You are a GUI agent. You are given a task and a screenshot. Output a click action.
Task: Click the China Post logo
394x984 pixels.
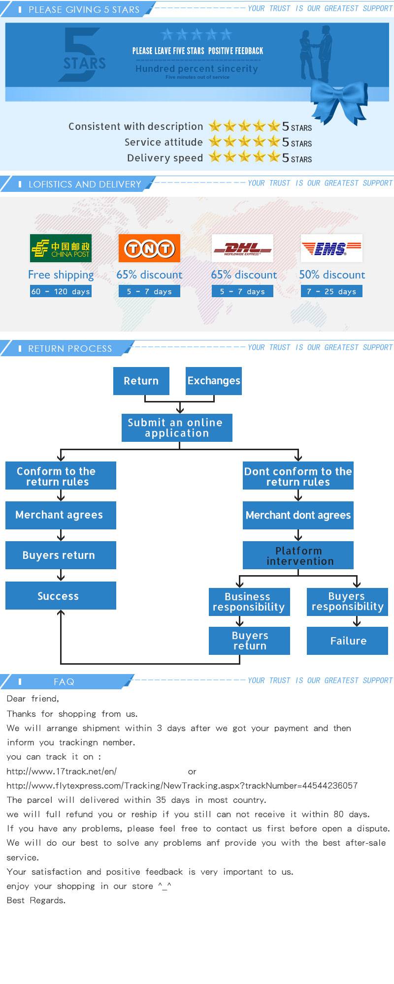pos(61,248)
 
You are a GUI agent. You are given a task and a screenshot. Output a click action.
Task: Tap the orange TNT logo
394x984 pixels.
pos(149,248)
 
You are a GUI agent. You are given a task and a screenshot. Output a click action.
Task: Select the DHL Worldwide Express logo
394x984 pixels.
pos(242,248)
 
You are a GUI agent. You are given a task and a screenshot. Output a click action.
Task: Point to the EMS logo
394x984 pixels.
pos(331,248)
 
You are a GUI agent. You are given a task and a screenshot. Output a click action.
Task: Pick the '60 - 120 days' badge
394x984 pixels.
pos(61,291)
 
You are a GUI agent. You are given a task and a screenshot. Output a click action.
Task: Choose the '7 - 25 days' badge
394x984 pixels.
pos(331,291)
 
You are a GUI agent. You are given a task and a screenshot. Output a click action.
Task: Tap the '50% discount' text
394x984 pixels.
pos(332,275)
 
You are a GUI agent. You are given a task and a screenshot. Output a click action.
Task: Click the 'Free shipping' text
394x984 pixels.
pos(61,275)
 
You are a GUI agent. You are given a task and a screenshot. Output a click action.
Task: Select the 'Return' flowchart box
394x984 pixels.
pos(141,381)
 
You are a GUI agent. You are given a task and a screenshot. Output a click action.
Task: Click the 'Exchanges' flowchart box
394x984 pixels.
pos(214,381)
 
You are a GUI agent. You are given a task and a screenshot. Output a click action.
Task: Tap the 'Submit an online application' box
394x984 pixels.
pos(177,428)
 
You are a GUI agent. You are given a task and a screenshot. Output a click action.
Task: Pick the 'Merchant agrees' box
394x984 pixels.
pos(61,515)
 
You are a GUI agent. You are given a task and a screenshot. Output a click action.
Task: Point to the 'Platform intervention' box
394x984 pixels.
pos(298,555)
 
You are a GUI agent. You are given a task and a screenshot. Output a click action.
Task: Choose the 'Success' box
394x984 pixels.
pos(61,596)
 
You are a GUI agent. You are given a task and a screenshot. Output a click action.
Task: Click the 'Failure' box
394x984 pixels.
pos(348,641)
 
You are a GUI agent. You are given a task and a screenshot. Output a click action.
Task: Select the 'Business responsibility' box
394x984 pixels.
pos(249,602)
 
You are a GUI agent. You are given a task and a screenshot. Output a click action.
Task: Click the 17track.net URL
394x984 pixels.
pos(62,771)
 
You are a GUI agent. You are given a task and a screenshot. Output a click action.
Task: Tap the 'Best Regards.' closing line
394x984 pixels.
pos(36,900)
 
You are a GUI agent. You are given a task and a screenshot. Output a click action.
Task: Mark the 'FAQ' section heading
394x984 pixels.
pos(64,682)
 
